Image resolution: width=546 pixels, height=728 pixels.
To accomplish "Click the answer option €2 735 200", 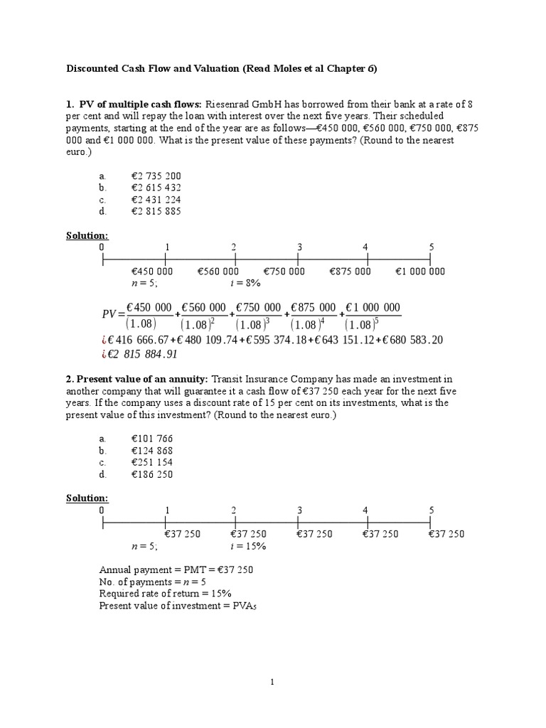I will pyautogui.click(x=157, y=176).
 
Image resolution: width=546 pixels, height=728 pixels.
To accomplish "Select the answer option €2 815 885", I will pyautogui.click(x=157, y=211).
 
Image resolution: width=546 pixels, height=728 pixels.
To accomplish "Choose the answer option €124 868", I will pyautogui.click(x=152, y=450).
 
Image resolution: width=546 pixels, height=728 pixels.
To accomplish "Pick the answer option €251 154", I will pyautogui.click(x=152, y=462).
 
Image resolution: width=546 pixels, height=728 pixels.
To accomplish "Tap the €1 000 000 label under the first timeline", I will pyautogui.click(x=420, y=271).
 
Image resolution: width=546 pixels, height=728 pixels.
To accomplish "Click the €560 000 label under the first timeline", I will pyautogui.click(x=218, y=271).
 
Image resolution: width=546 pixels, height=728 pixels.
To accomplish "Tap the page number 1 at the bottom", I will pyautogui.click(x=272, y=682).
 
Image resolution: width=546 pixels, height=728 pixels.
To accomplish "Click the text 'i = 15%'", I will pyautogui.click(x=247, y=545).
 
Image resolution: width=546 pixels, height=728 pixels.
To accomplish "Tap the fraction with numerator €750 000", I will pyautogui.click(x=259, y=314).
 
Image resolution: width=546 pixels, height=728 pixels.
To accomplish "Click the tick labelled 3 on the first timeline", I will pyautogui.click(x=299, y=247).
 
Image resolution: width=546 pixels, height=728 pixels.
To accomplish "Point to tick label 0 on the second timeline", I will pyautogui.click(x=102, y=510).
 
